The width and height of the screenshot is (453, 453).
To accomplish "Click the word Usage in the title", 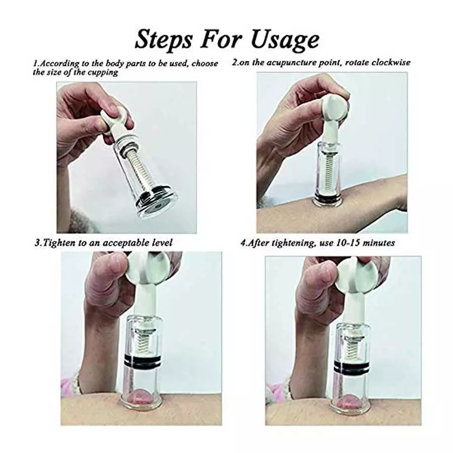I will (x=288, y=39).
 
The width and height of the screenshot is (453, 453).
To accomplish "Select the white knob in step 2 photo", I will (x=333, y=108).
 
